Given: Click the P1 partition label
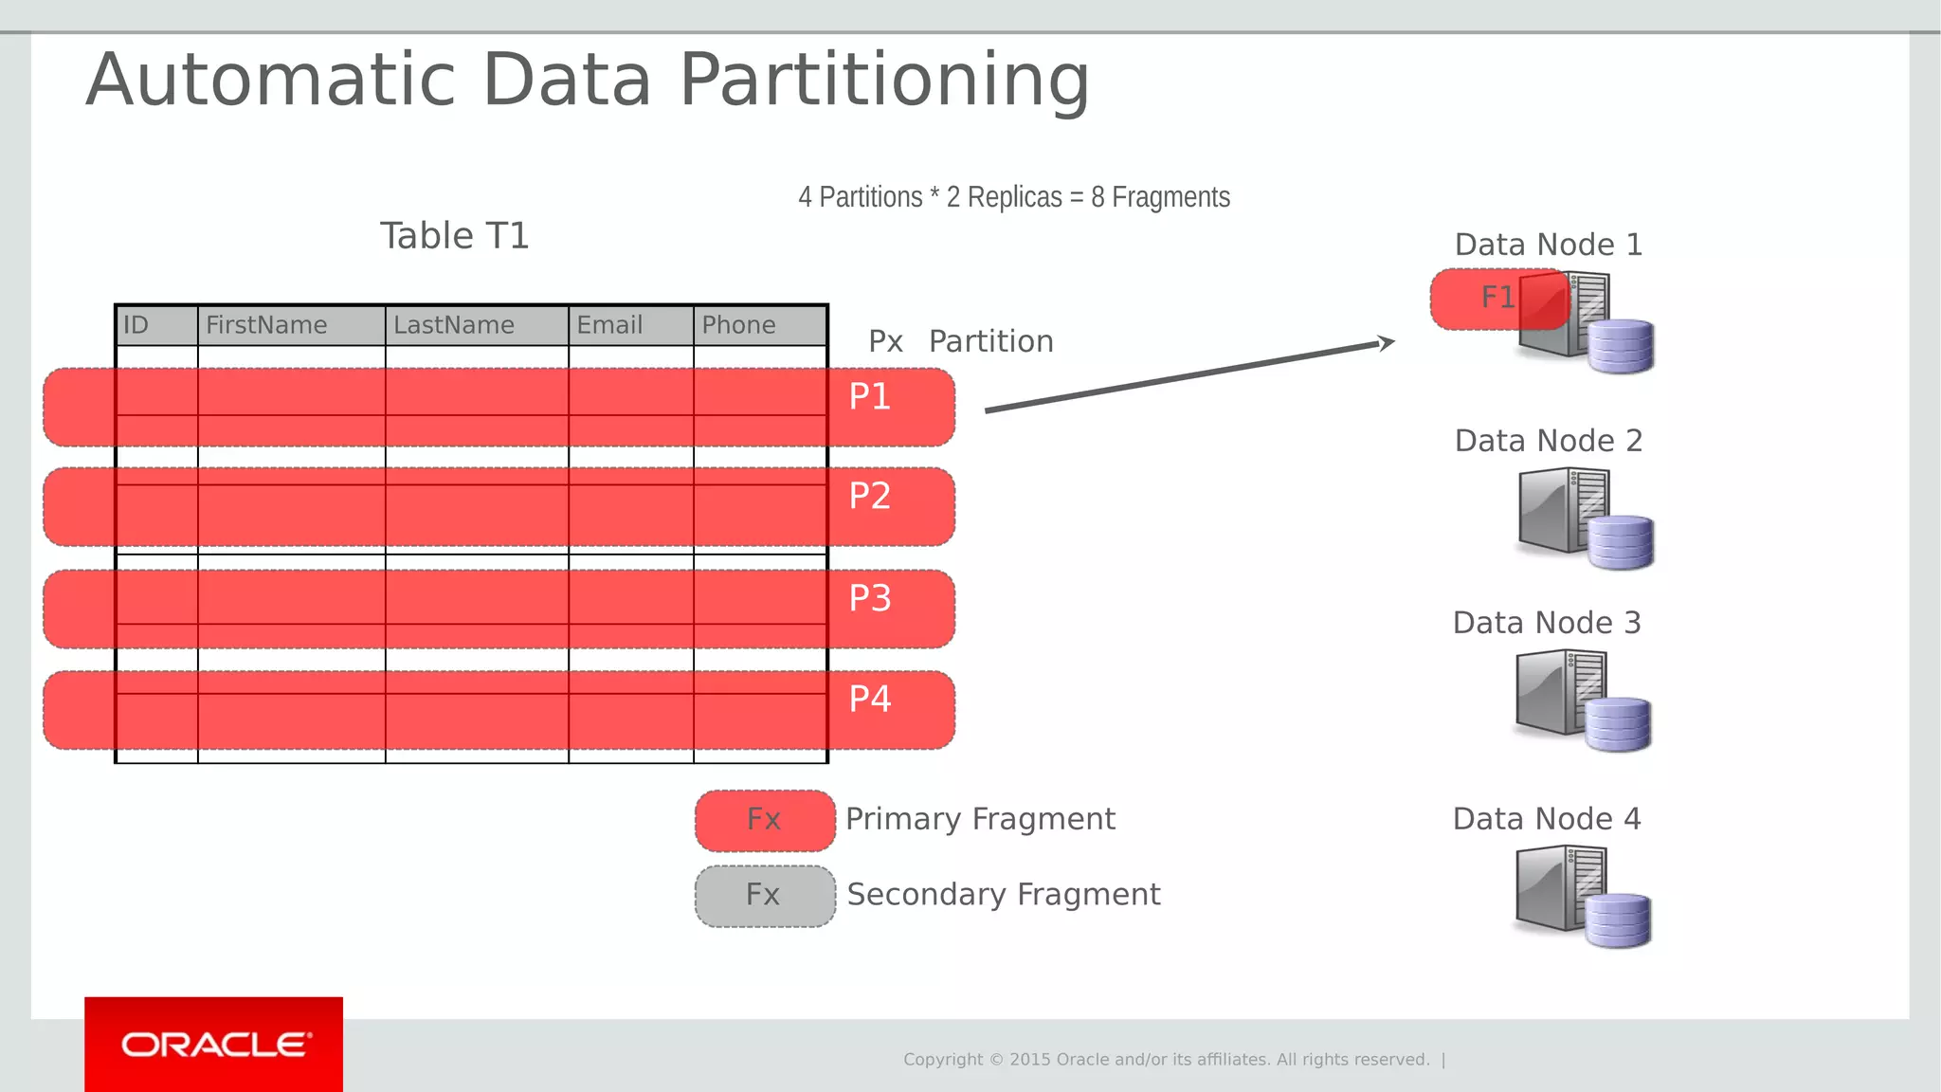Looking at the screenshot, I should pyautogui.click(x=869, y=397).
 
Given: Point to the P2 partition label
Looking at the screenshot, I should pyautogui.click(x=869, y=497).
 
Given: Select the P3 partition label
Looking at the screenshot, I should pyautogui.click(x=869, y=599).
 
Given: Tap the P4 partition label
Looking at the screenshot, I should pyautogui.click(x=869, y=700).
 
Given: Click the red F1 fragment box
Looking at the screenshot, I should pyautogui.click(x=1488, y=299).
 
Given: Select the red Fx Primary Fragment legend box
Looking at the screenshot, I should pyautogui.click(x=765, y=820).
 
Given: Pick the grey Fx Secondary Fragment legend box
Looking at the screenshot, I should pyautogui.click(x=765, y=896).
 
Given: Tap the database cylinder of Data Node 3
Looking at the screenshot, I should pyautogui.click(x=1618, y=724).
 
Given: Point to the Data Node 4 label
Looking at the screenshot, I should pyautogui.click(x=1546, y=819).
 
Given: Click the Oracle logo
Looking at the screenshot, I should pyautogui.click(x=214, y=1045).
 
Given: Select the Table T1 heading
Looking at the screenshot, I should pyautogui.click(x=454, y=236).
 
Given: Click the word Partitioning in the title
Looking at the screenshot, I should pyautogui.click(x=884, y=81).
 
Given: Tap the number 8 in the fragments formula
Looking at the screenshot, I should pyautogui.click(x=1097, y=197).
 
